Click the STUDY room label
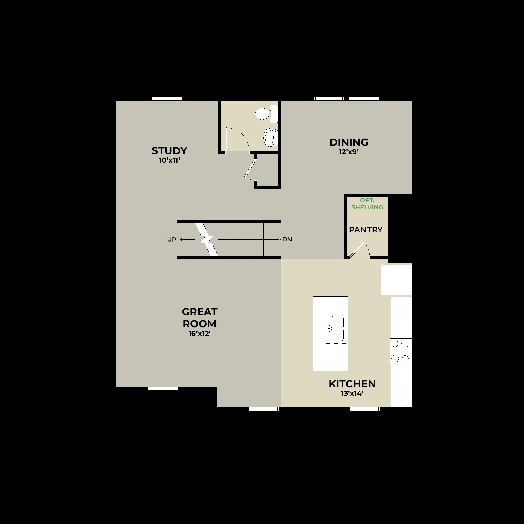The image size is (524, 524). [169, 151]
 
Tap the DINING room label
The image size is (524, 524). [349, 142]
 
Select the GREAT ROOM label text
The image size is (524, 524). [200, 318]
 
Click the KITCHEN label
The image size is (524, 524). [352, 384]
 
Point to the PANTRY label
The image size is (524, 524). [366, 230]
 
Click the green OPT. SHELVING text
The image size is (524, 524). [367, 204]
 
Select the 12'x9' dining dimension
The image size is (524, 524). [349, 152]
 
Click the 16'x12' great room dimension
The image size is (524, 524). [200, 333]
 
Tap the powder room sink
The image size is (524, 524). [271, 137]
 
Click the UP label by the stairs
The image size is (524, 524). [172, 240]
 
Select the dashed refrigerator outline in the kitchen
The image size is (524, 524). [396, 280]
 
